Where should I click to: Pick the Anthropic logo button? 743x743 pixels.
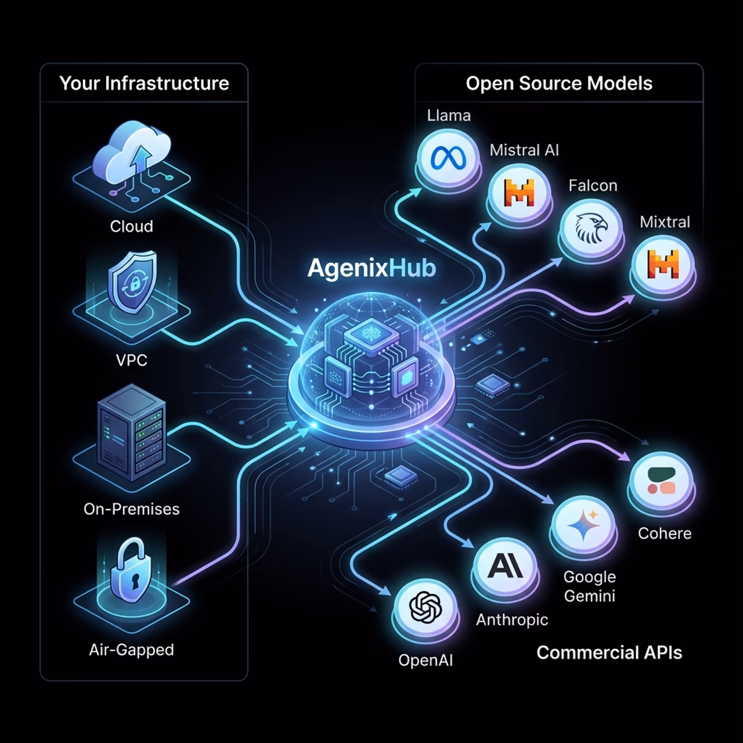coord(505,567)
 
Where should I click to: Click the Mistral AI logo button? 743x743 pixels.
coord(519,193)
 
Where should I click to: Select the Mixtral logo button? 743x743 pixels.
coord(662,265)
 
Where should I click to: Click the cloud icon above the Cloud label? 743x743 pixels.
coord(132,153)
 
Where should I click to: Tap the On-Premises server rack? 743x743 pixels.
coord(132,432)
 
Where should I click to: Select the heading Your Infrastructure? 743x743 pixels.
coord(144,84)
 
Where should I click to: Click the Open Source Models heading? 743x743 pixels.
coord(559,83)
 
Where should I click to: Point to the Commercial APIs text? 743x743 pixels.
coord(609,652)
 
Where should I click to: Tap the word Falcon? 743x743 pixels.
coord(593,186)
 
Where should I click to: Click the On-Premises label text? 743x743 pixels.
coord(132,509)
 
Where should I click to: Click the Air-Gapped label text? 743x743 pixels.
coord(132,650)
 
